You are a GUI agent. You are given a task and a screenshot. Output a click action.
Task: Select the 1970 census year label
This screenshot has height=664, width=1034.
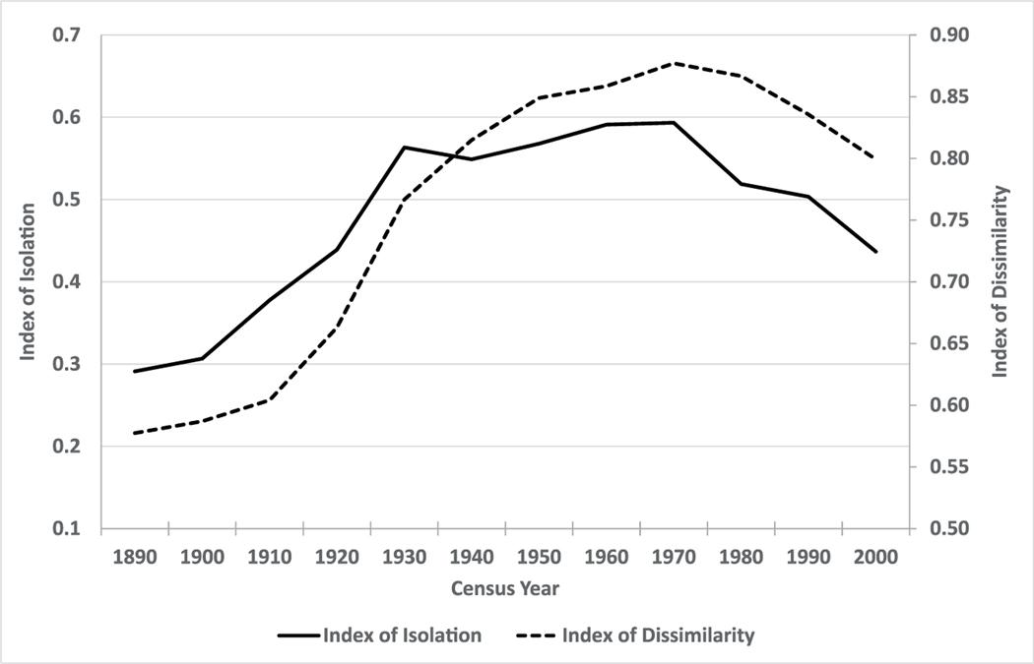point(672,557)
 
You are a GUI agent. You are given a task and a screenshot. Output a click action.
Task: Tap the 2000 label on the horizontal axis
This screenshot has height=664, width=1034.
point(873,557)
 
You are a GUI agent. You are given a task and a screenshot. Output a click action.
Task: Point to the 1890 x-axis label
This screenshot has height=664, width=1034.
point(134,557)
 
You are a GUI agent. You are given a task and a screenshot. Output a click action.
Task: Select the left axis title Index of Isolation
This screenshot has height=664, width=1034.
point(29,282)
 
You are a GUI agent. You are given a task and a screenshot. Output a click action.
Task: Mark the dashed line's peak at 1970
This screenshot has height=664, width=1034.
point(672,63)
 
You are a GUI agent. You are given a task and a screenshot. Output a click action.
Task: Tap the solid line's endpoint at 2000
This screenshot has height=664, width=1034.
point(873,252)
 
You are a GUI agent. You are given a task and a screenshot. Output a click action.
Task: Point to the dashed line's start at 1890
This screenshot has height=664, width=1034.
point(134,433)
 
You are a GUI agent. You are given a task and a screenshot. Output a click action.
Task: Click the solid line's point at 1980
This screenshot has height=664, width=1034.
point(740,184)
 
